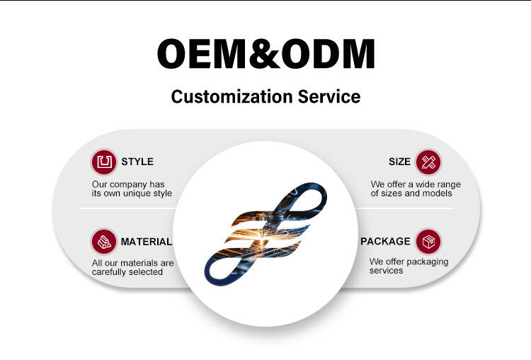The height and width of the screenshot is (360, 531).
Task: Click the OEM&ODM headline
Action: click(265, 54)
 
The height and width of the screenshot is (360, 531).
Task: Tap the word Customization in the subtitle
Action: click(232, 96)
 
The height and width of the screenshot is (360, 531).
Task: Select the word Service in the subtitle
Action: click(329, 96)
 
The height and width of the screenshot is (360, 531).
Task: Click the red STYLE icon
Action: click(104, 162)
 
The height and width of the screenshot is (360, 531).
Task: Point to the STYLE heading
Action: click(137, 162)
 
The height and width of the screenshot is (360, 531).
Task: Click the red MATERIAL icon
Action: click(104, 242)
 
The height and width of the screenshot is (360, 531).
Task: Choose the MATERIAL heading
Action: click(147, 242)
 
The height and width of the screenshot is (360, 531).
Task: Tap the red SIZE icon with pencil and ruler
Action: click(428, 162)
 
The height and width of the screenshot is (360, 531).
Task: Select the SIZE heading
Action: click(399, 162)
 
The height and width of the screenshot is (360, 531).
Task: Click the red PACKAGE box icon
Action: click(428, 242)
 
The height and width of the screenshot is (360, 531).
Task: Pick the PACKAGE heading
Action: click(385, 242)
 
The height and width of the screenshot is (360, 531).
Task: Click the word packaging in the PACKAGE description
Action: click(428, 262)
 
